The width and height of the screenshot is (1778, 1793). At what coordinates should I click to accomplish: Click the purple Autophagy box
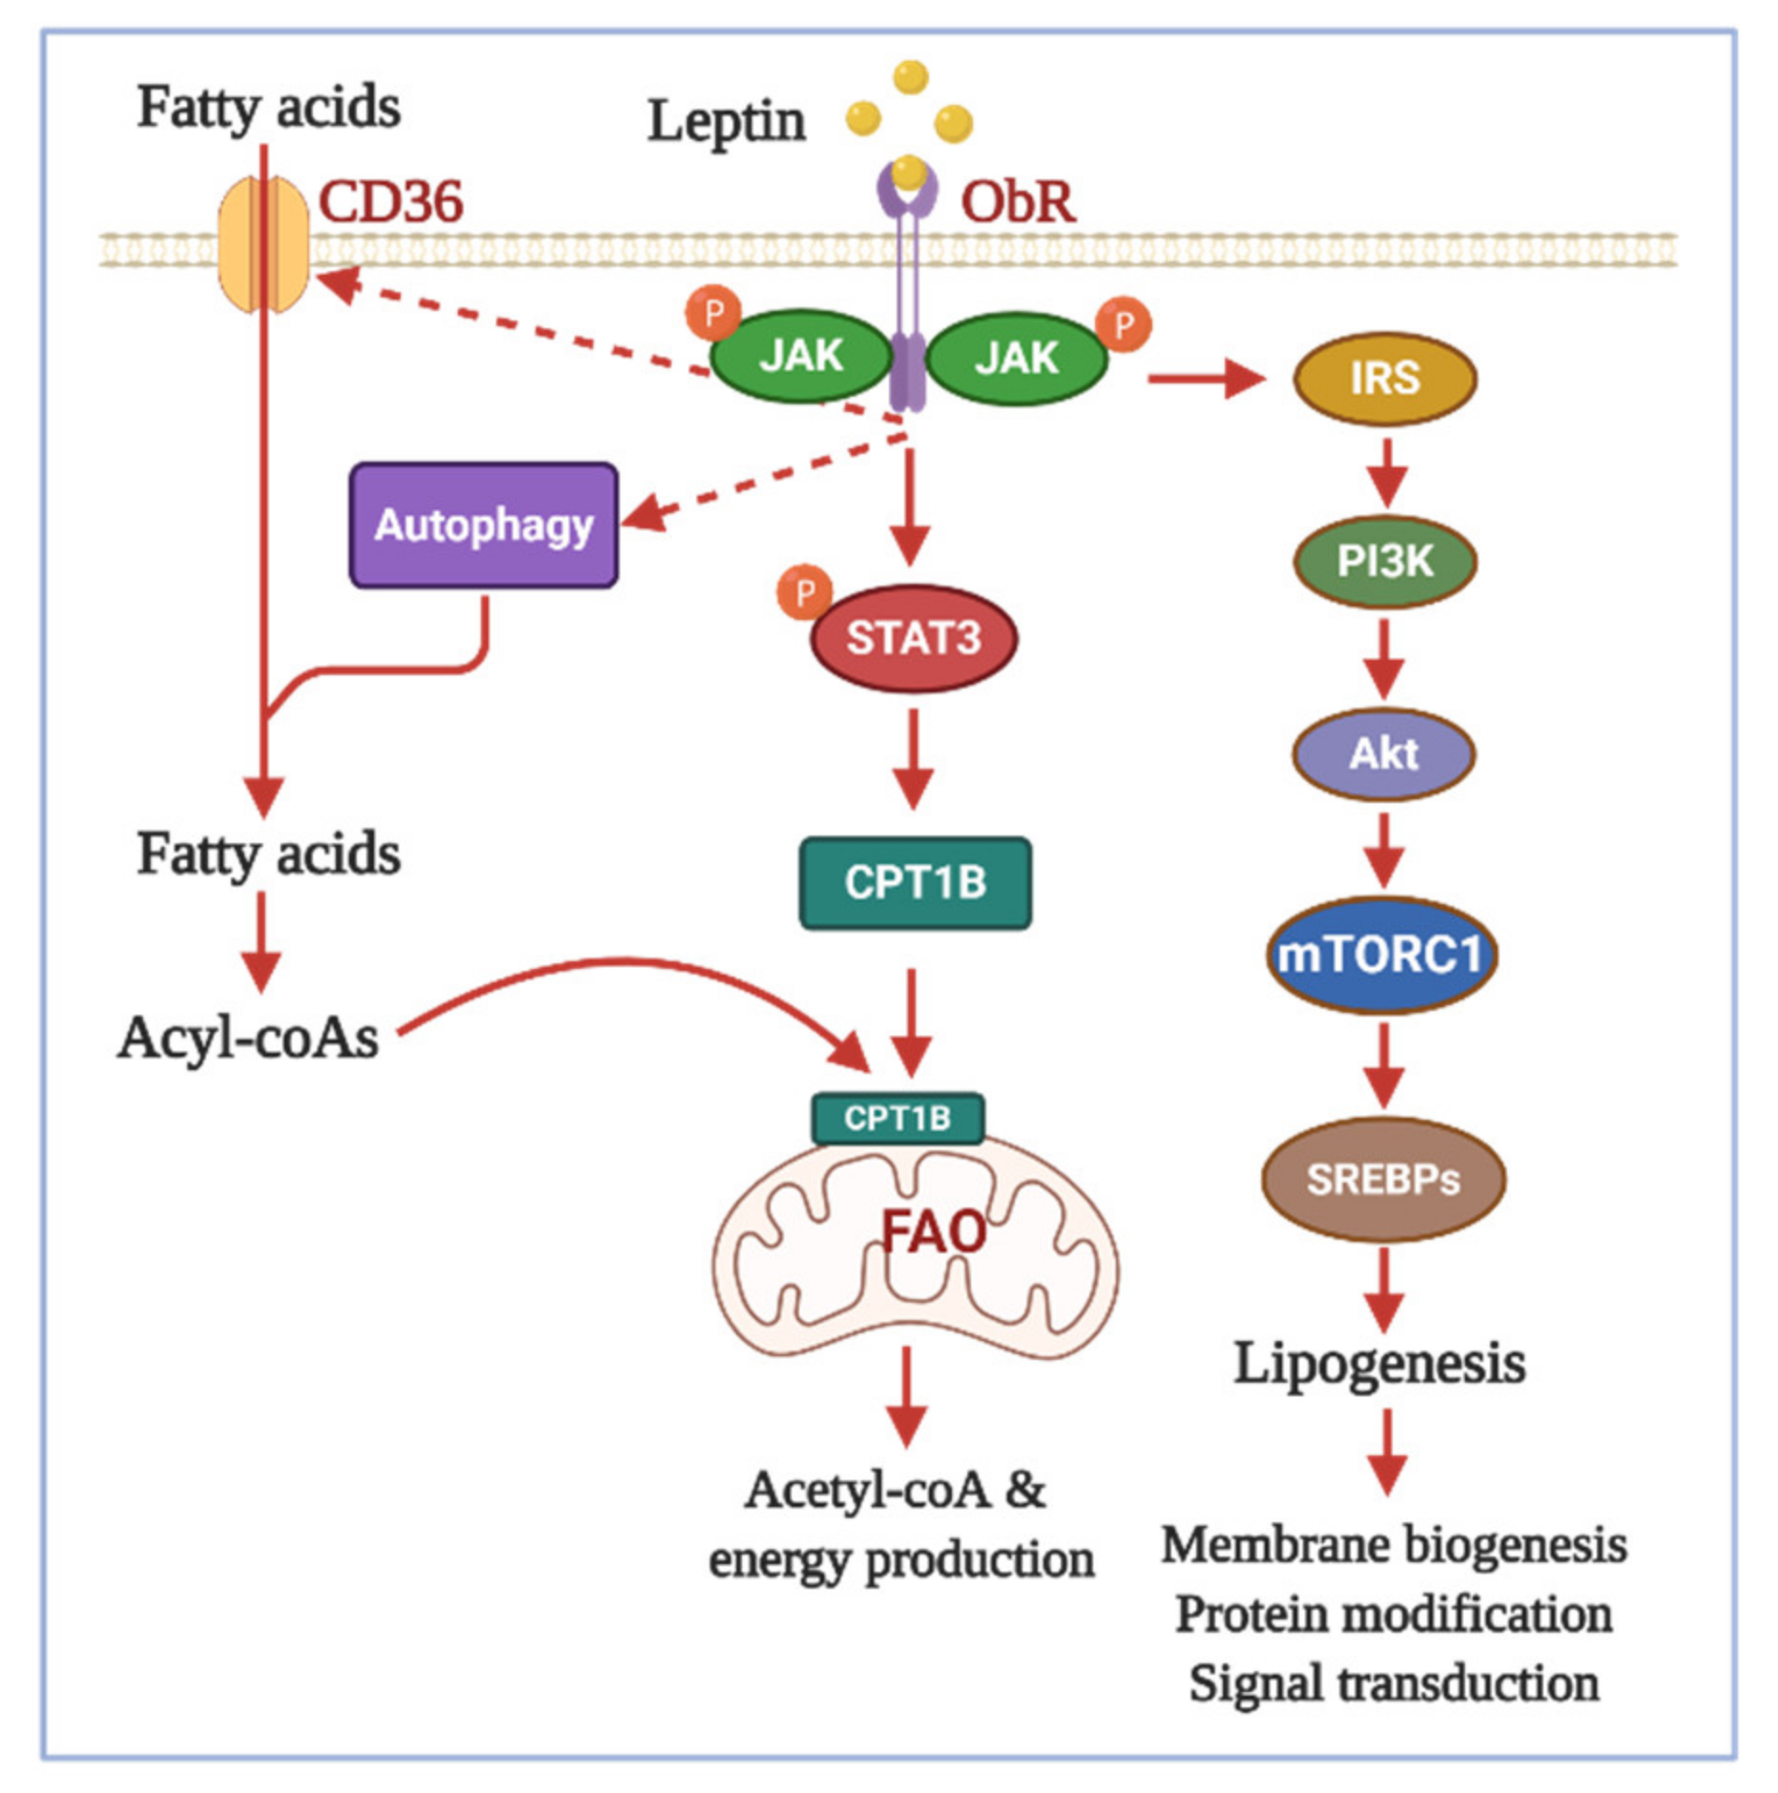[x=484, y=525]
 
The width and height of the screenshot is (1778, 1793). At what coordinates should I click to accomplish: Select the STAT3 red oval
[x=914, y=638]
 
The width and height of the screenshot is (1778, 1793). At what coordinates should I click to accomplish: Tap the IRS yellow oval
[x=1385, y=379]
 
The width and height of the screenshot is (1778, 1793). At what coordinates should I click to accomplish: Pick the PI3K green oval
[x=1385, y=562]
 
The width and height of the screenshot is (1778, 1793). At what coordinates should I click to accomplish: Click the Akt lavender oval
[x=1384, y=754]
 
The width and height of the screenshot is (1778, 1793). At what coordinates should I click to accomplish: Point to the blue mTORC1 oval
[x=1382, y=955]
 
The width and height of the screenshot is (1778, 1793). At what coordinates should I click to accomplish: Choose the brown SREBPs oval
[x=1384, y=1180]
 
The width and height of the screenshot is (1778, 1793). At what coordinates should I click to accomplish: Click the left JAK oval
[x=801, y=357]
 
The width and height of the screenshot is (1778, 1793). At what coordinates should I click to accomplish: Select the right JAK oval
[x=1017, y=358]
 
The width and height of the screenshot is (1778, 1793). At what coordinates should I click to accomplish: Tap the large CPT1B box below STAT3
[x=915, y=883]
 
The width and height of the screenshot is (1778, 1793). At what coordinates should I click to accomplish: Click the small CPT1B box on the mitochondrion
[x=898, y=1118]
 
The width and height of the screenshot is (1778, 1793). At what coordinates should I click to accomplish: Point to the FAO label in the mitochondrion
[x=934, y=1231]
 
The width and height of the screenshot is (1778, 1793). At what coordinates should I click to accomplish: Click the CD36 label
[x=390, y=202]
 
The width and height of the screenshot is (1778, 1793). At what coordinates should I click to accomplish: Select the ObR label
[x=1018, y=202]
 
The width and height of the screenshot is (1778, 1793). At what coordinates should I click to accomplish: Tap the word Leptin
[x=727, y=122]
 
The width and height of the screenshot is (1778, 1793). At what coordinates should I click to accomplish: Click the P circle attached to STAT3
[x=804, y=592]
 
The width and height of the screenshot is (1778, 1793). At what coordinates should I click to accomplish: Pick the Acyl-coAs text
[x=248, y=1037]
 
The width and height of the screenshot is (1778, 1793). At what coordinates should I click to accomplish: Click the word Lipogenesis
[x=1380, y=1364]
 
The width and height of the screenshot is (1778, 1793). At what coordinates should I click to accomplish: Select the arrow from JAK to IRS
[x=1207, y=379]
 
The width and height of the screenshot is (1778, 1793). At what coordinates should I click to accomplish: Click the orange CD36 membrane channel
[x=264, y=244]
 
